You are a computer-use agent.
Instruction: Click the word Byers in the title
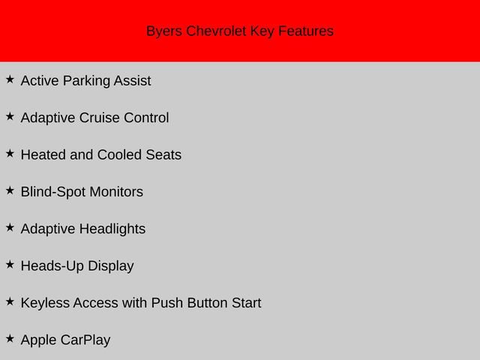click(x=164, y=31)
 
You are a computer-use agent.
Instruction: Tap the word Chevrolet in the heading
click(x=216, y=31)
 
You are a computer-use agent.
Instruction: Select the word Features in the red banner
click(x=306, y=31)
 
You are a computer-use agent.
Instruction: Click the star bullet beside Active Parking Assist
click(x=10, y=79)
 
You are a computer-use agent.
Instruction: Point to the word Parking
click(x=86, y=81)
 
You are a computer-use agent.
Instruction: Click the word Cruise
click(x=99, y=118)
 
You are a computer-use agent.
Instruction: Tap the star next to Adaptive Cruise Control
click(x=10, y=116)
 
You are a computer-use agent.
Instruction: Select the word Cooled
click(x=119, y=154)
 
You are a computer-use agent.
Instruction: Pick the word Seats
click(x=163, y=154)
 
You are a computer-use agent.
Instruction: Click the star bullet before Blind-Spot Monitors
click(x=10, y=190)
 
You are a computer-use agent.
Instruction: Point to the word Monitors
click(x=116, y=192)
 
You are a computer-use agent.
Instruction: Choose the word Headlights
click(x=112, y=229)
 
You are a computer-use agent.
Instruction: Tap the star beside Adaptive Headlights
click(x=10, y=227)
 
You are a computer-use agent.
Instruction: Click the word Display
click(x=111, y=266)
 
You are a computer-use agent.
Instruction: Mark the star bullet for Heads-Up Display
click(x=10, y=265)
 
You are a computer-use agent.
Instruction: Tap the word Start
click(x=247, y=303)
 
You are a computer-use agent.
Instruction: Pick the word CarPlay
click(x=85, y=340)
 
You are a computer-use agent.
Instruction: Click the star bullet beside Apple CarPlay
click(x=10, y=338)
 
